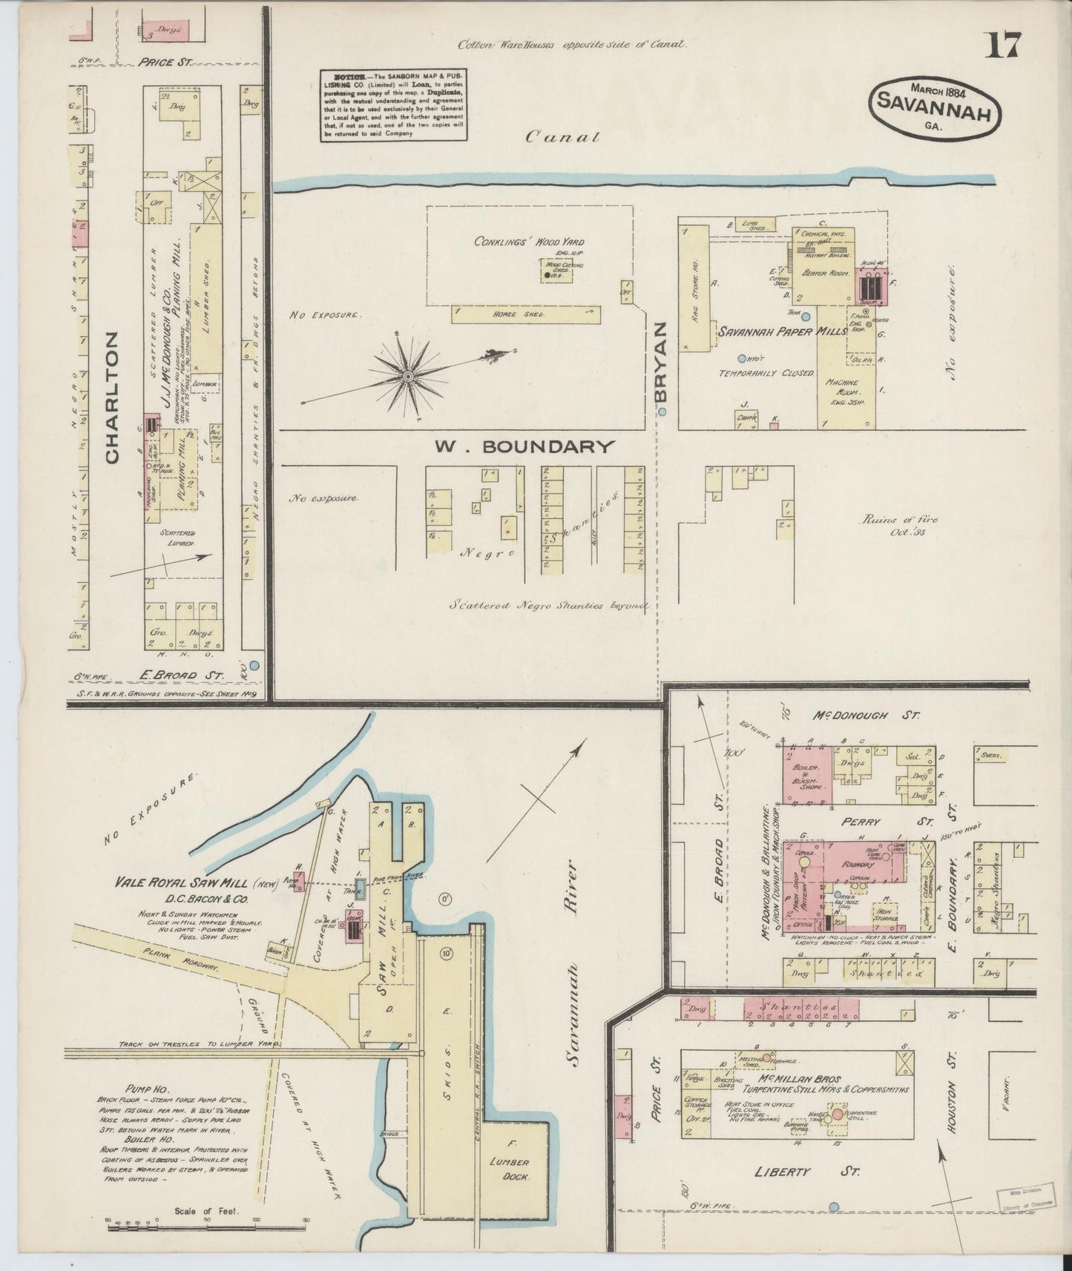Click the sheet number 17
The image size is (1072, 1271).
point(1002,46)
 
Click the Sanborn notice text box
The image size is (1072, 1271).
point(394,106)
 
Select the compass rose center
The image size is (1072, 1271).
point(407,377)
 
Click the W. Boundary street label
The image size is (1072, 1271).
point(525,446)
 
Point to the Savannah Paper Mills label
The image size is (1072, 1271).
point(781,332)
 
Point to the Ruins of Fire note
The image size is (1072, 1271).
point(898,525)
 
